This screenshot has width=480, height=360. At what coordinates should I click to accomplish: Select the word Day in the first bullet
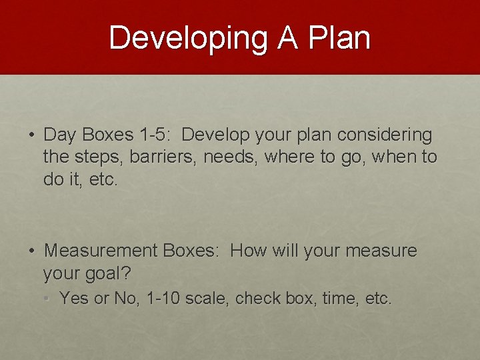61,135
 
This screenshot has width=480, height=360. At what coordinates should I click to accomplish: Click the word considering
385,135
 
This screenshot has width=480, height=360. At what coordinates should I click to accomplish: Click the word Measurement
101,251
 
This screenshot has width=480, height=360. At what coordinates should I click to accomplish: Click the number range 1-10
160,299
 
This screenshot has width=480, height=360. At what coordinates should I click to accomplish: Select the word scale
205,299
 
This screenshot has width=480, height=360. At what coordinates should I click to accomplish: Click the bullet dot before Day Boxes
32,135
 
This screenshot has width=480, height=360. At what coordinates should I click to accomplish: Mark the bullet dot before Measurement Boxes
32,251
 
